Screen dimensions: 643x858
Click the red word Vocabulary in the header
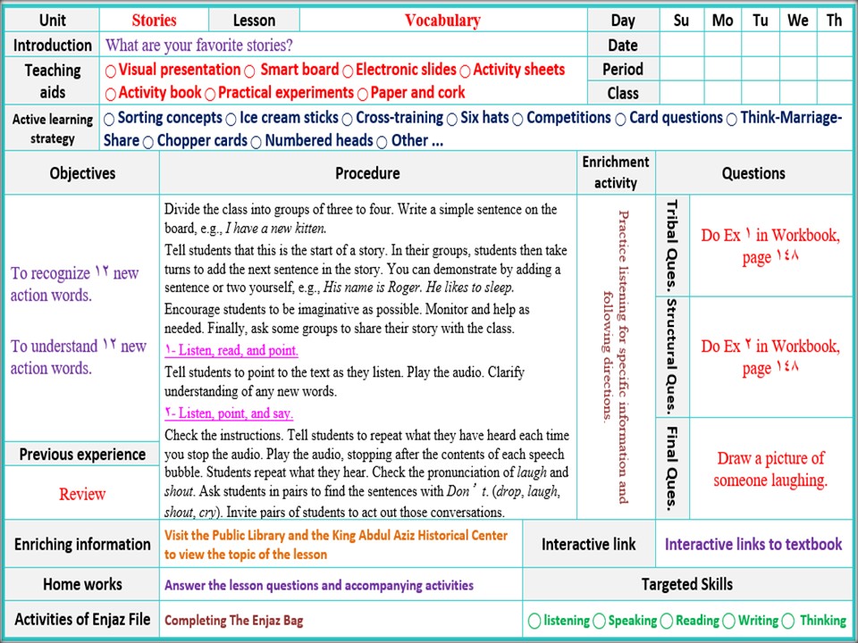[x=442, y=21]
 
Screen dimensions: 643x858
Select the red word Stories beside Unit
[x=154, y=21]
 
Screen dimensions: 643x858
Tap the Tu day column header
[x=760, y=21]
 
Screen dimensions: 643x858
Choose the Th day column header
[x=834, y=21]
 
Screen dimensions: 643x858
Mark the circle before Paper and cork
[x=363, y=94]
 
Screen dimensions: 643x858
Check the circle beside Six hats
[x=452, y=119]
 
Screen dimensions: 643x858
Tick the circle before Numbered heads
[x=256, y=142]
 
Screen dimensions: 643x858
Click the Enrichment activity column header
[x=616, y=172]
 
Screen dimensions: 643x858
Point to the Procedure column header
[x=367, y=173]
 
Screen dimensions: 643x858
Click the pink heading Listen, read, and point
[x=231, y=351]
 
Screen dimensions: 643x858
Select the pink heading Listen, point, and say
[x=229, y=413]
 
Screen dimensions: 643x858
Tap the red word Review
[x=82, y=494]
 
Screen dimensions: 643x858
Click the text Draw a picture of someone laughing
[x=770, y=469]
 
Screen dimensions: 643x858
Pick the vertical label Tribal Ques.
[x=673, y=246]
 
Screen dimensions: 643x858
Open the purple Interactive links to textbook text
[x=753, y=544]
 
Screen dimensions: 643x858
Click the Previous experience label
[x=82, y=455]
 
